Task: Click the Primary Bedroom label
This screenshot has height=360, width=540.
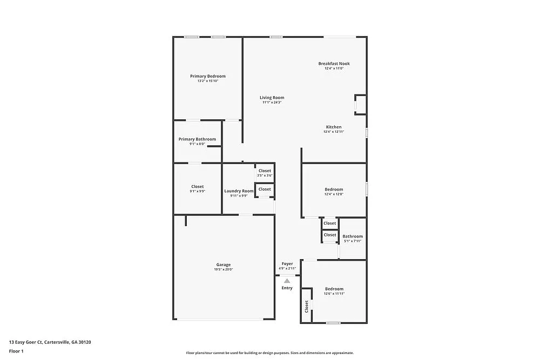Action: [208, 76]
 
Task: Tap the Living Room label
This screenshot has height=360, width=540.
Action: [272, 98]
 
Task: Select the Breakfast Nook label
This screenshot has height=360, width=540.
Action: [334, 64]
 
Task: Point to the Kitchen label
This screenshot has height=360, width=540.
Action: [334, 127]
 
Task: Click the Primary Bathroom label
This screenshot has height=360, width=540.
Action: [197, 139]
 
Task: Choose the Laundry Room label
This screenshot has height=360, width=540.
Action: [239, 191]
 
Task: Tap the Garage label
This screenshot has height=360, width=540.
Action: [224, 264]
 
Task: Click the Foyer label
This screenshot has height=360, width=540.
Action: [287, 264]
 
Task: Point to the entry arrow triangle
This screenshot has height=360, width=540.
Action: [287, 281]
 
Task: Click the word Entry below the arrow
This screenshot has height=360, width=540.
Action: [287, 288]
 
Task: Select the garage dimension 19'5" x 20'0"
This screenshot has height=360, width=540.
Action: [224, 270]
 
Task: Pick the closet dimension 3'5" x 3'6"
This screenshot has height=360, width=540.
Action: [265, 175]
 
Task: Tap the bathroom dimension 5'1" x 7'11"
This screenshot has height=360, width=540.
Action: [353, 241]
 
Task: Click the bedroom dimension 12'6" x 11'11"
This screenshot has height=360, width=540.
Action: [334, 294]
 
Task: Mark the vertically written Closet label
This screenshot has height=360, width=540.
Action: [307, 307]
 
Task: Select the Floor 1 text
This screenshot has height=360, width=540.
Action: [16, 351]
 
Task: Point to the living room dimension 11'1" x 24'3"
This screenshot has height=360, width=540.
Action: [272, 103]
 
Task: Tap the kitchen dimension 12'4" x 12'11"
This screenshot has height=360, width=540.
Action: [334, 132]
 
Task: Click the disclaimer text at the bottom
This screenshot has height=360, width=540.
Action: [270, 353]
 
